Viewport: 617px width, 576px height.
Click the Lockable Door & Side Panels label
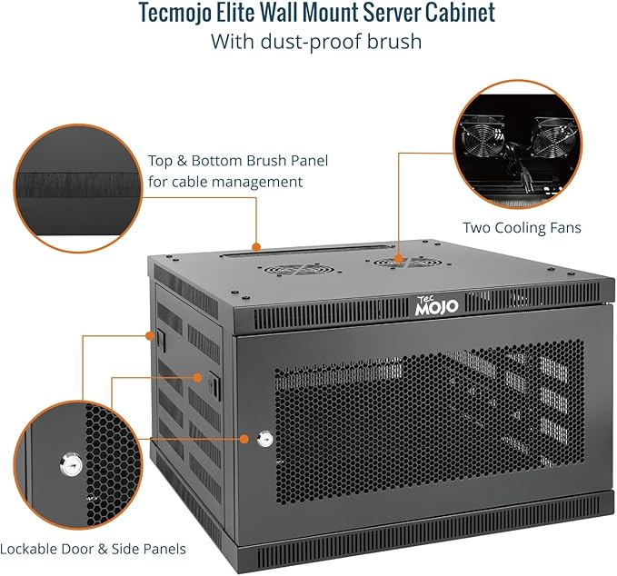point(93,549)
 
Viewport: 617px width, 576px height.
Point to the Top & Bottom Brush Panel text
point(238,161)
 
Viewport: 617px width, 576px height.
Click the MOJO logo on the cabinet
point(437,307)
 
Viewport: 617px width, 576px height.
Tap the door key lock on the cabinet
point(264,440)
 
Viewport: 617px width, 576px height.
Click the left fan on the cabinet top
point(292,271)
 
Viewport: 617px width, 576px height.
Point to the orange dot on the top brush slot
point(257,246)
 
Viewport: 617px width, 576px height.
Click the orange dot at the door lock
point(244,439)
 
